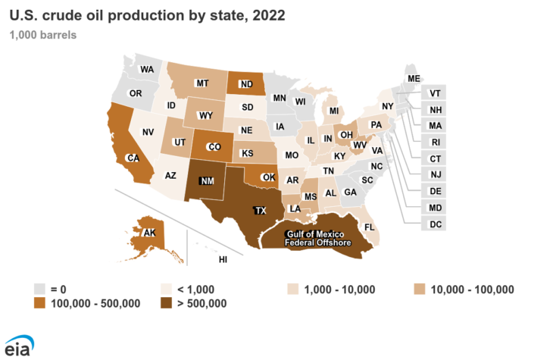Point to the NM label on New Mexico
pos(207,181)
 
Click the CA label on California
pos(133,158)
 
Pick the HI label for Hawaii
pos(223,259)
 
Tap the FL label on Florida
pos(370,227)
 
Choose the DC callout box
pos(436,224)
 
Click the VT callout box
pos(435,94)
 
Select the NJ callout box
pos(435,175)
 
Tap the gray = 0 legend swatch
pos(41,289)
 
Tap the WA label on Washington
pos(148,69)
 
